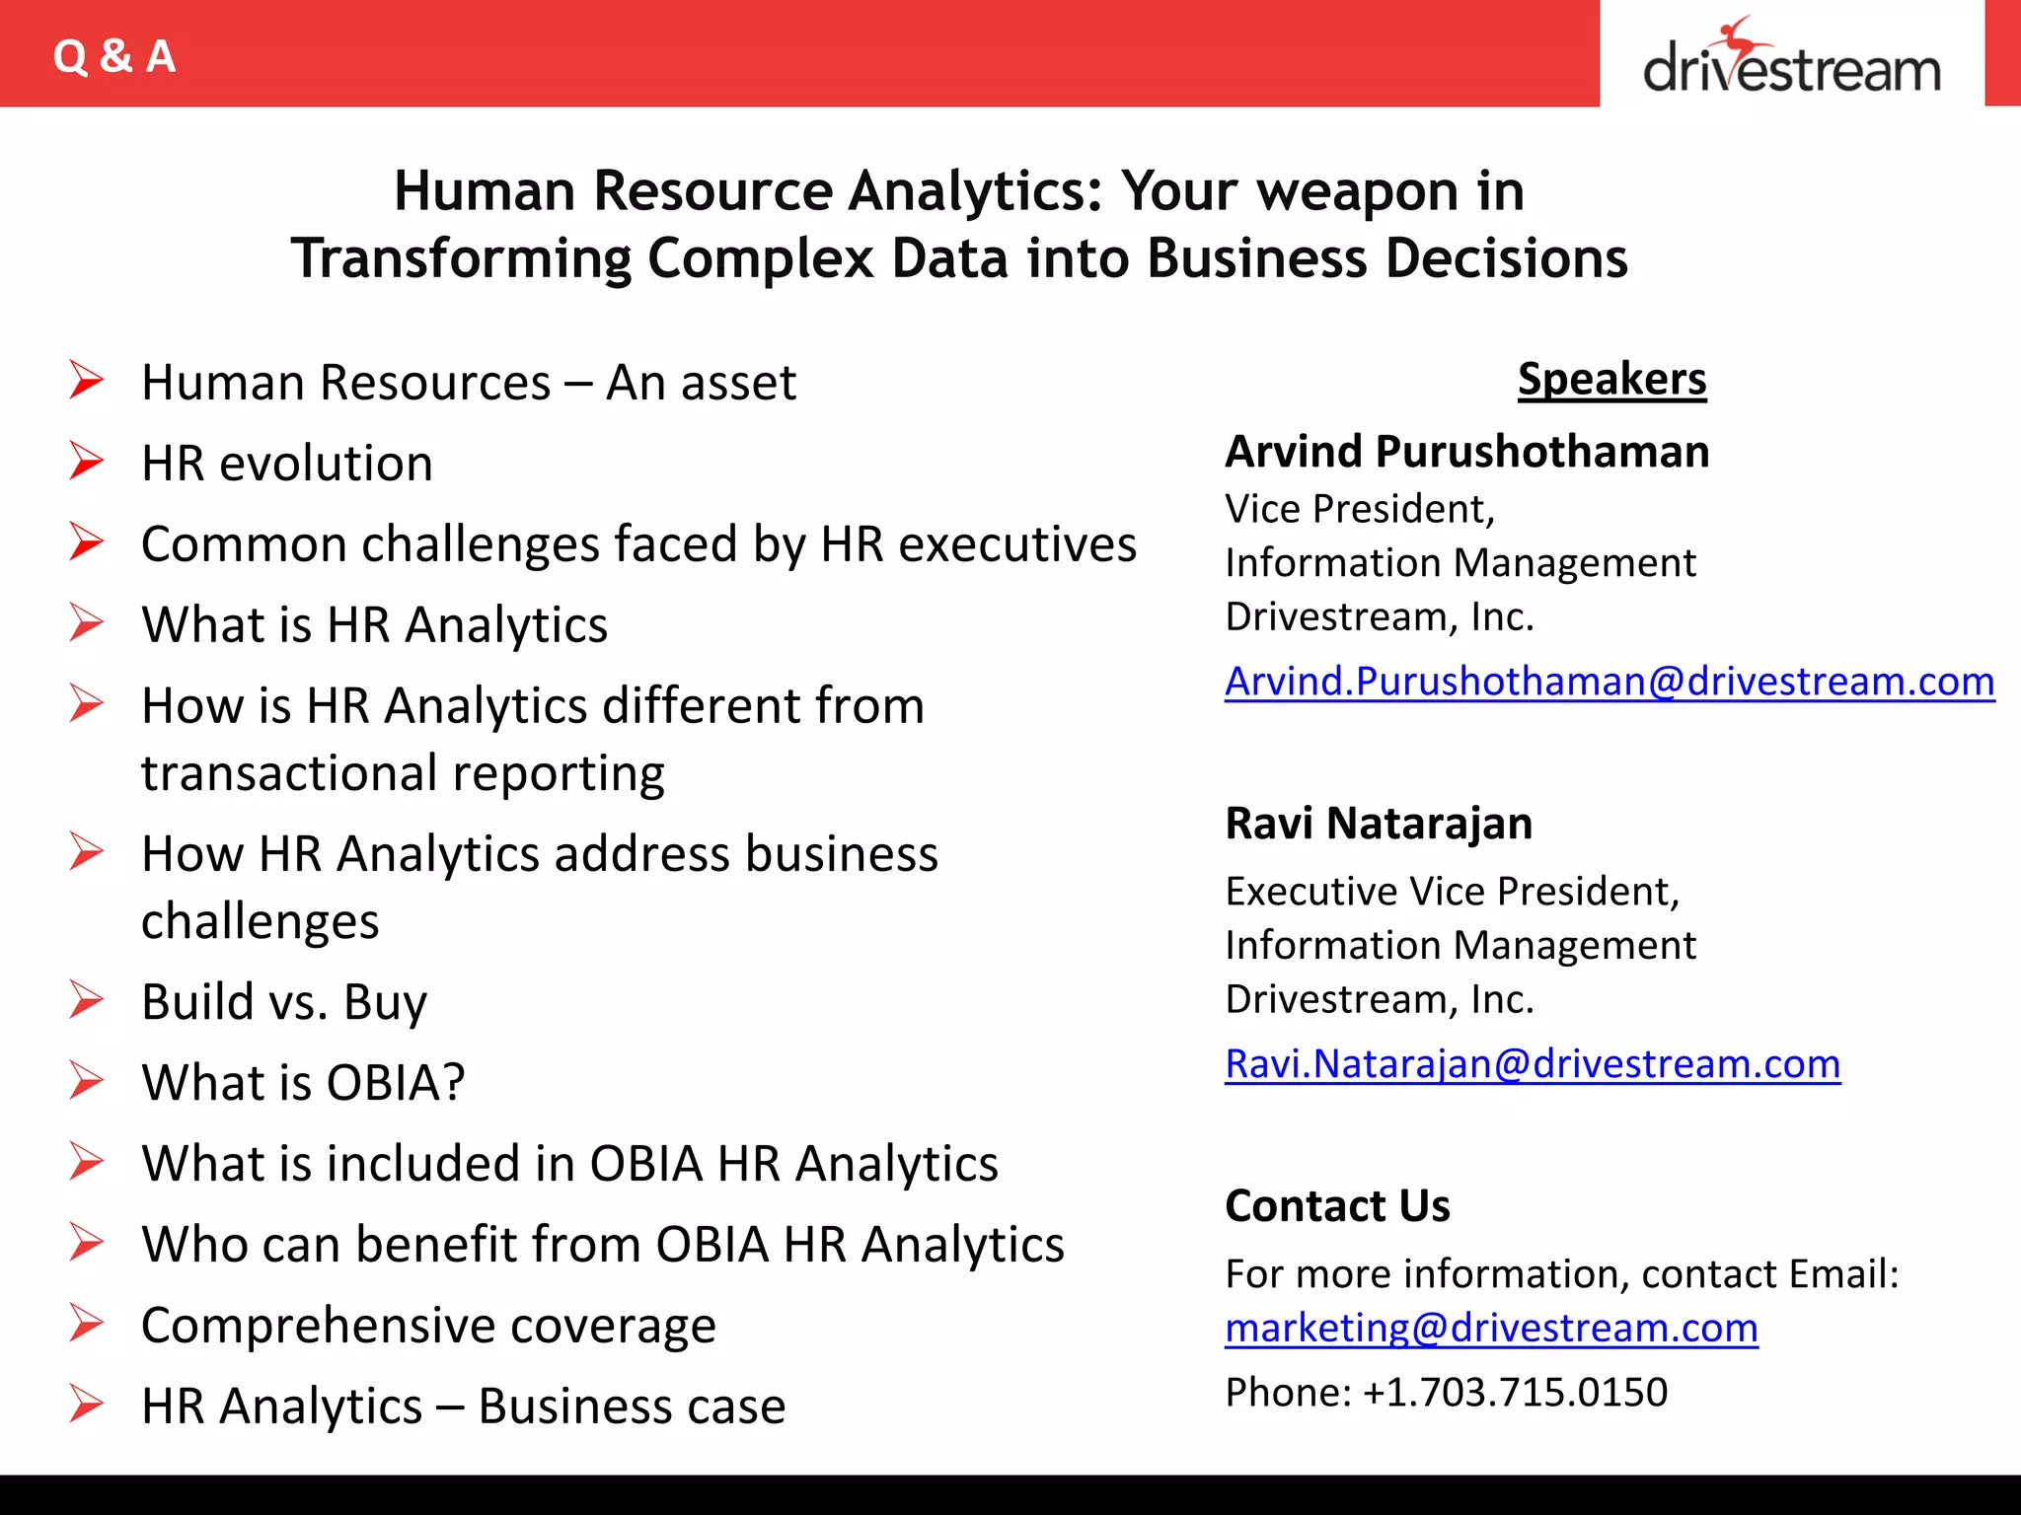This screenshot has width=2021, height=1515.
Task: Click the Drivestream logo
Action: (x=1791, y=59)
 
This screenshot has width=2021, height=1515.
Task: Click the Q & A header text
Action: (x=114, y=56)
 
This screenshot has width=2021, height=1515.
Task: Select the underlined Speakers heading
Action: (x=1611, y=379)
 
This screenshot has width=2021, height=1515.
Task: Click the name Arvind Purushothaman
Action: (x=1466, y=452)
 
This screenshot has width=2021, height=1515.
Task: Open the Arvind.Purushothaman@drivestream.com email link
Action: (x=1609, y=682)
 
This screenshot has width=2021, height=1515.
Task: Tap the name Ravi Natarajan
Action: (x=1379, y=824)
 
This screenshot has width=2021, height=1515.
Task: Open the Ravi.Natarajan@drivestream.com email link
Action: (x=1532, y=1064)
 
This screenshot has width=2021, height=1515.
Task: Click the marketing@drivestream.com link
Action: (x=1491, y=1329)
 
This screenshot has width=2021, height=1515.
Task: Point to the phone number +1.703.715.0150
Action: (x=1515, y=1393)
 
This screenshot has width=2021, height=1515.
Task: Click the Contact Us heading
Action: (x=1337, y=1206)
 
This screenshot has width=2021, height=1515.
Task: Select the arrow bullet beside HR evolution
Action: (x=87, y=462)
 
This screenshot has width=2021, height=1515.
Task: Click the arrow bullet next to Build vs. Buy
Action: (x=87, y=1000)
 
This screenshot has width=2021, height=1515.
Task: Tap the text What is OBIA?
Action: (x=303, y=1082)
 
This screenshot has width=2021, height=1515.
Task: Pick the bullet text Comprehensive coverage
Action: (x=428, y=1325)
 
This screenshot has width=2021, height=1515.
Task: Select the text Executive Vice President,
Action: (x=1452, y=892)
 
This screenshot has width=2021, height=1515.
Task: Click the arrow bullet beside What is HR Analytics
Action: (x=87, y=623)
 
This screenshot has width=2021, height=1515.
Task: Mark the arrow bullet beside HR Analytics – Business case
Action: (x=87, y=1405)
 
